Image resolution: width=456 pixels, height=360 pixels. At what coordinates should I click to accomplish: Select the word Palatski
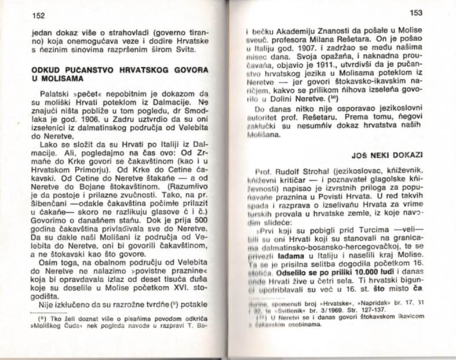coord(55,92)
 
